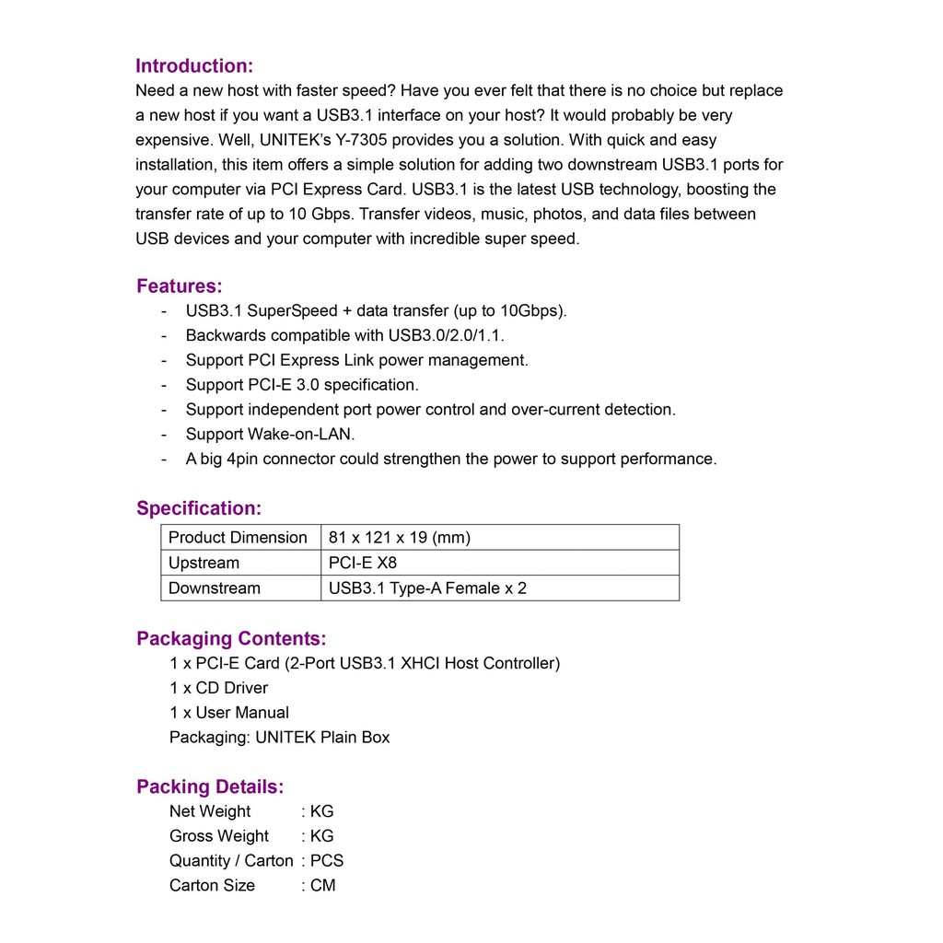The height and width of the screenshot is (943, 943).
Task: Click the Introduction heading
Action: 193,66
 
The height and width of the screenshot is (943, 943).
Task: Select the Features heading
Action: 179,286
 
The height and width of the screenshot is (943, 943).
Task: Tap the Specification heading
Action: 199,508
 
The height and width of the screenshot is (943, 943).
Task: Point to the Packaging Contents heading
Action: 231,639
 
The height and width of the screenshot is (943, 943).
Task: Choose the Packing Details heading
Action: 210,787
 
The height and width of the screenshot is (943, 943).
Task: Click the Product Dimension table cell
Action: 238,538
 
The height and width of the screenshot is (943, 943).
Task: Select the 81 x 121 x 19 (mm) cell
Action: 399,538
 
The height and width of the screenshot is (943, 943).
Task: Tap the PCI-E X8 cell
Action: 363,563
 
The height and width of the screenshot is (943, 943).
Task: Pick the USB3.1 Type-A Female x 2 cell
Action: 427,588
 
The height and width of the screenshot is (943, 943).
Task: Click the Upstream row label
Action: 204,563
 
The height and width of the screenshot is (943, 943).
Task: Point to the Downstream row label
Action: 215,588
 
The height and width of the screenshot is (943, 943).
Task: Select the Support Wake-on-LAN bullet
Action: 270,435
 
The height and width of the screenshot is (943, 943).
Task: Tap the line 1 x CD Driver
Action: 219,688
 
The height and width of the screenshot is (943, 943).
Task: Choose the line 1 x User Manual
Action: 229,713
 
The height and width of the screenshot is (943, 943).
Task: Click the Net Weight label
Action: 210,811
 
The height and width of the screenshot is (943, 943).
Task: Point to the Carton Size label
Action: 212,886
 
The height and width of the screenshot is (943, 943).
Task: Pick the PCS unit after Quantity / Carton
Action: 327,861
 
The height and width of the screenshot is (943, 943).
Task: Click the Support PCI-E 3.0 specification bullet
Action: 302,385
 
